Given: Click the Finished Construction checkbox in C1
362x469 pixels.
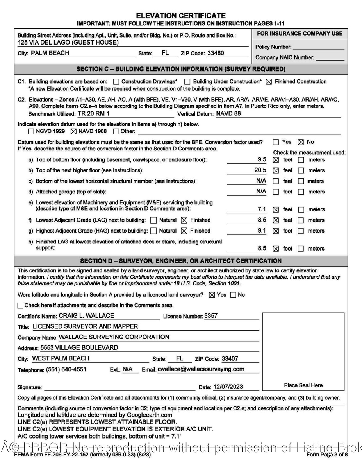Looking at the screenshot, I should pos(269,82).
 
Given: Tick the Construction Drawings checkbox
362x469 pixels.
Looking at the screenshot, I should pos(116,82).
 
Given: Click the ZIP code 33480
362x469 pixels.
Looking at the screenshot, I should pos(216,53).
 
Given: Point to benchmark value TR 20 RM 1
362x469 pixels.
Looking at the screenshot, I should pos(93,114).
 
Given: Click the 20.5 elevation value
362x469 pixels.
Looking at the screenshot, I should pos(260,170).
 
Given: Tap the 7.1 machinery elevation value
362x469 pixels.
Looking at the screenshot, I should pos(262,209).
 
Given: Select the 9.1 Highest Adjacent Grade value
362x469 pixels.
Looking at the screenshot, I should pos(262,231).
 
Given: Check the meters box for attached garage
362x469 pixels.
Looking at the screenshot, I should pos(301,192).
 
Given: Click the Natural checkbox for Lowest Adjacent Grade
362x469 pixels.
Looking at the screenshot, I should pos(154,220).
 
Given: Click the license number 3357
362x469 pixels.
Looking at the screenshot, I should pos(211,316).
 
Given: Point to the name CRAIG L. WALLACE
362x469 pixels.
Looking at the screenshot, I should pos(86,316).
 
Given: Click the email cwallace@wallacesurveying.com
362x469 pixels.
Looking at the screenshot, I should pos(201,369).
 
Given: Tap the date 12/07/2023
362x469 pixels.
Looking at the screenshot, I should pos(228,387).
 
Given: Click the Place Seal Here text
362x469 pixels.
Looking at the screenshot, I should pos(303,385).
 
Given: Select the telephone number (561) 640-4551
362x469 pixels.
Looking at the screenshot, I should pos(66,369).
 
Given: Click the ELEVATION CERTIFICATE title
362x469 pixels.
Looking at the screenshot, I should pos(181,16).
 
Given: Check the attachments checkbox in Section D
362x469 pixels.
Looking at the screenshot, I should pos(20,305).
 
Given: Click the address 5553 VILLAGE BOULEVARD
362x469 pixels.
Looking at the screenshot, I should pos(79,347).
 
